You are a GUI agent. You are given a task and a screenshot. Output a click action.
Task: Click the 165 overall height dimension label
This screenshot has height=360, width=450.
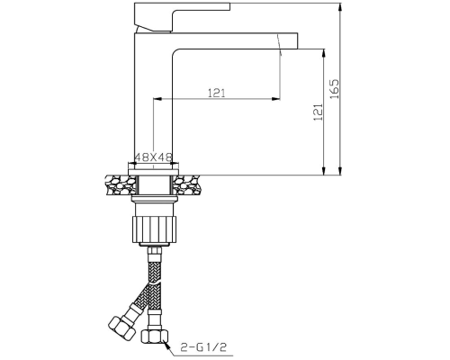click(334, 89)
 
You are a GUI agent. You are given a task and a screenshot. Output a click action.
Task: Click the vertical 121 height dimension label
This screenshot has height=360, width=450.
click(318, 112)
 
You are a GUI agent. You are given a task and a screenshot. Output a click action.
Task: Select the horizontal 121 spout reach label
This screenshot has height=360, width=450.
click(217, 94)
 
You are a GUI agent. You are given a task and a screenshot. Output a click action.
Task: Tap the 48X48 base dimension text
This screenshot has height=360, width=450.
click(153, 157)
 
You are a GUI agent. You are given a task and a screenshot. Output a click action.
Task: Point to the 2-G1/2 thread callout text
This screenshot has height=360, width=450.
click(203, 347)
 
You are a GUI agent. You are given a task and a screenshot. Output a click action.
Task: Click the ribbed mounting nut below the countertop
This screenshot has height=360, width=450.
click(155, 229)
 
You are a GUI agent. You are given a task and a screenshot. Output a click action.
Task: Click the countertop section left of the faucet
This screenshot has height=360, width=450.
click(121, 184)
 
